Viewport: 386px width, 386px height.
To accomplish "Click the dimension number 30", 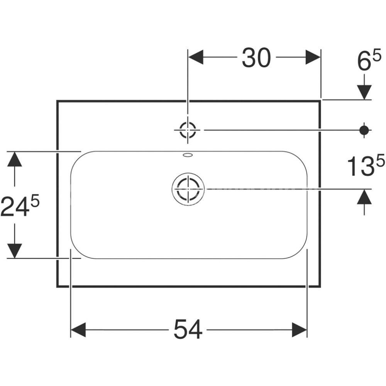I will [x=256, y=58].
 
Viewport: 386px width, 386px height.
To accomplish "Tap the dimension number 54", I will [x=188, y=330].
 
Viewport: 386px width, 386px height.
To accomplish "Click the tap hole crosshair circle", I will [x=188, y=130].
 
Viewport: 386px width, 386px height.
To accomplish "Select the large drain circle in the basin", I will [x=188, y=188].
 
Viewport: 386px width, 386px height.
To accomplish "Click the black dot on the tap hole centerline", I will [x=363, y=130].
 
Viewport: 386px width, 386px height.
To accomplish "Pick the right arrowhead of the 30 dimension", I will [x=313, y=57].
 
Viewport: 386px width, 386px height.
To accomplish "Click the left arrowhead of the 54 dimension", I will [x=78, y=330].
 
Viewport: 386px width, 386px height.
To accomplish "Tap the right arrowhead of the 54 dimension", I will [x=300, y=330].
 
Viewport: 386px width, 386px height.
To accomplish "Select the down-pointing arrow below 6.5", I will [x=364, y=92].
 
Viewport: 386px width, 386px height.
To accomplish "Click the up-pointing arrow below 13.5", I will [x=364, y=198].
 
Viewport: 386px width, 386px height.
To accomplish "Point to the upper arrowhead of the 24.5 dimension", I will [x=15, y=159].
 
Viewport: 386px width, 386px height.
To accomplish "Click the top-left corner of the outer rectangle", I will [x=58, y=101].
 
